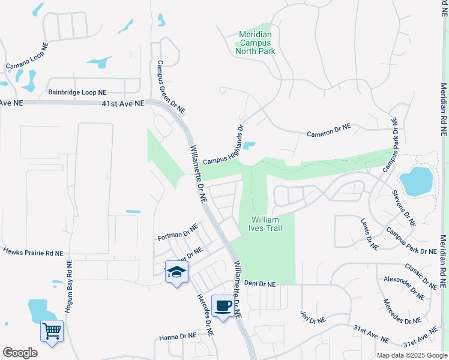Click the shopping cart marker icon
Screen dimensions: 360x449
tap(52, 330)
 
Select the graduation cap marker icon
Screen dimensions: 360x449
tap(176, 272)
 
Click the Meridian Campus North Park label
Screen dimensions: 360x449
tap(257, 43)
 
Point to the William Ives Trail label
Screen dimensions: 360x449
tap(265, 224)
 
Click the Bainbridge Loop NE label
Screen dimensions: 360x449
tap(77, 93)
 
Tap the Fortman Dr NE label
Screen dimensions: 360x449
tap(176, 230)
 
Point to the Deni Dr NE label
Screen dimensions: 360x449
tap(259, 284)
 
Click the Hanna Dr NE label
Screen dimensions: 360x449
tap(178, 337)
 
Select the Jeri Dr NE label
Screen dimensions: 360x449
tap(313, 317)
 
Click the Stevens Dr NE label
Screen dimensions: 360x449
tap(403, 208)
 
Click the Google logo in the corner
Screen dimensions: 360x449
tap(20, 353)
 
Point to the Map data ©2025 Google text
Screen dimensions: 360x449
tap(411, 355)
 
